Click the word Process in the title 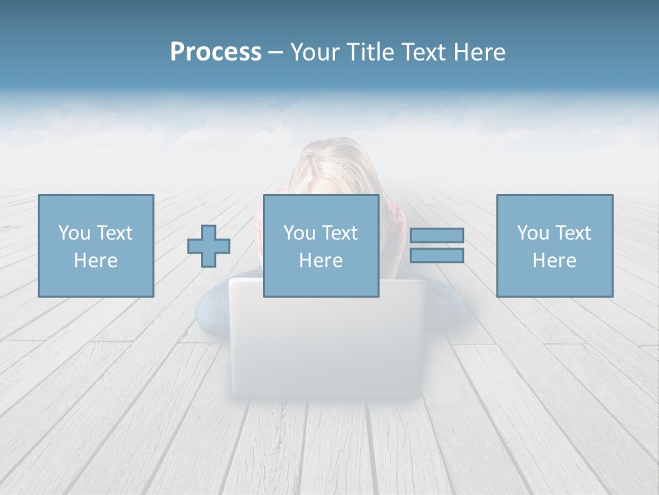(216, 52)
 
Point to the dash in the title (276, 53)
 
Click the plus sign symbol (209, 246)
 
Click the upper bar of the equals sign (437, 236)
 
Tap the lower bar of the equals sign (437, 256)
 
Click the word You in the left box (74, 233)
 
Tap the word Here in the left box (95, 261)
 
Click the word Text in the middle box (339, 233)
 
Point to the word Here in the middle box (321, 261)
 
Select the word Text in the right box (573, 233)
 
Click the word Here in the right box (554, 261)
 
